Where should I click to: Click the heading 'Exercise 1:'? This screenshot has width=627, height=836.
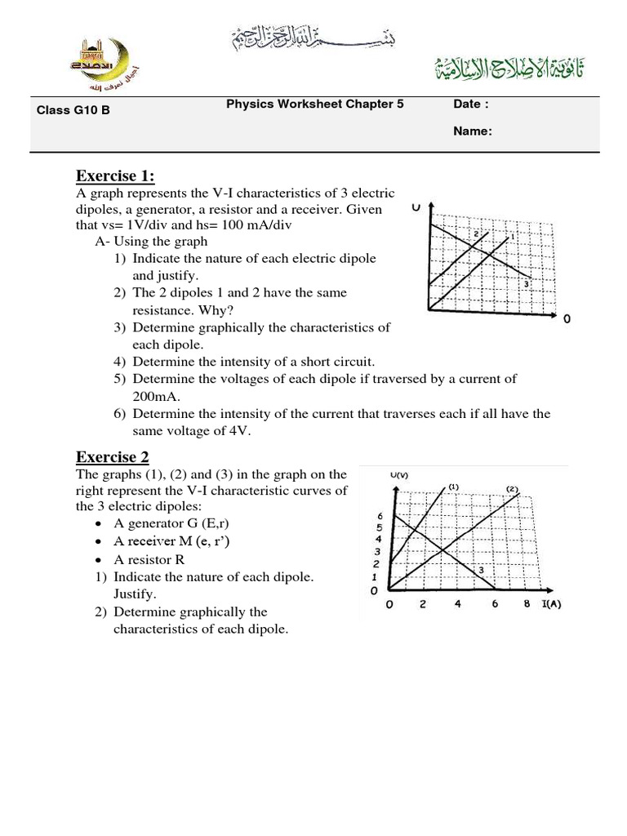[x=115, y=176]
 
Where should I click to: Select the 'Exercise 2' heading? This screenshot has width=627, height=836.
[x=113, y=456]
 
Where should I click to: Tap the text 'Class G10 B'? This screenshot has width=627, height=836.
[x=73, y=109]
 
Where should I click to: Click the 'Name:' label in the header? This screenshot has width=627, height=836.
[x=473, y=131]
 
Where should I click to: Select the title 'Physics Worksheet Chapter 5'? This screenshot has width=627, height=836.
[x=314, y=104]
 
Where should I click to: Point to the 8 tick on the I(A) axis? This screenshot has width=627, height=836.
[x=527, y=605]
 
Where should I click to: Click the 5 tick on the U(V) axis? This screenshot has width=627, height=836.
[x=380, y=527]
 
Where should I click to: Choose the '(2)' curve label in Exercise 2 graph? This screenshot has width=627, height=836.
[x=512, y=489]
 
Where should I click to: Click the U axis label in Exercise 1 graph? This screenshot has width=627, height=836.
[x=416, y=208]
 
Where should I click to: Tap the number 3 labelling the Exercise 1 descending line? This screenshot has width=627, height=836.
[x=527, y=283]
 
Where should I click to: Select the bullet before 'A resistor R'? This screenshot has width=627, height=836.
[x=99, y=560]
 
